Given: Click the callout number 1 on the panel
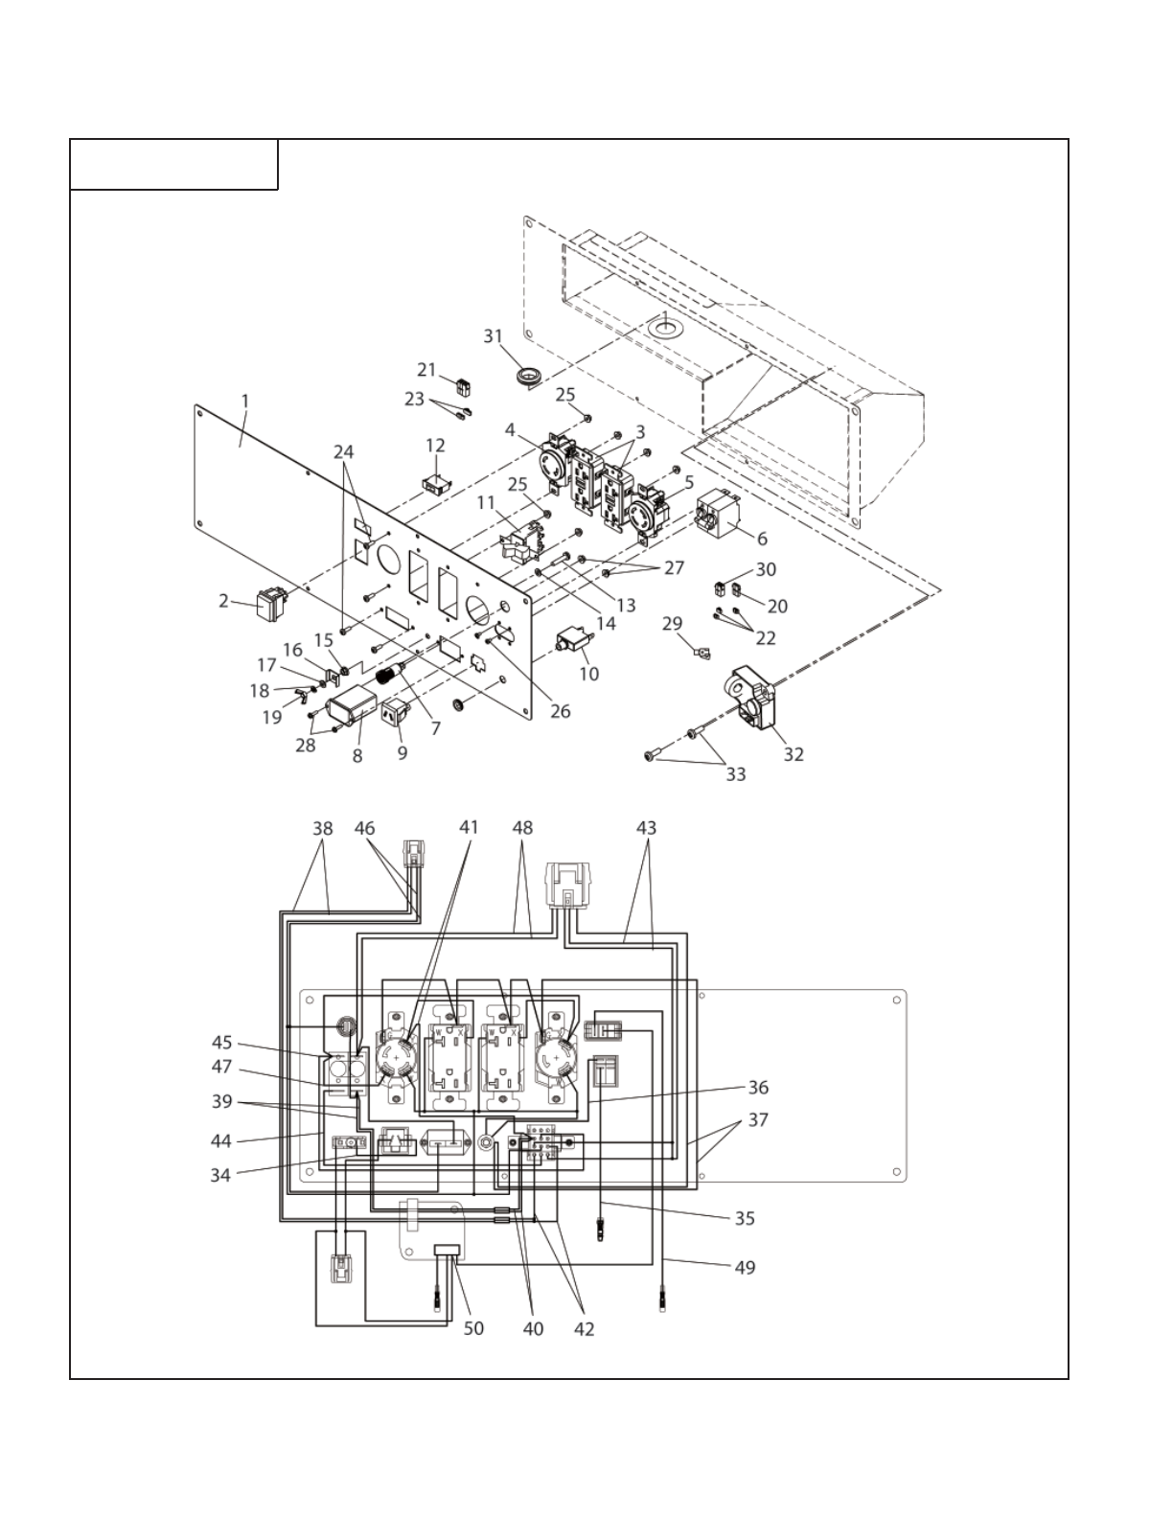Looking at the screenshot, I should click(x=245, y=401).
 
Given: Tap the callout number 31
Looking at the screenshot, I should click(x=493, y=335).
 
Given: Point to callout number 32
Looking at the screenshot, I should click(x=793, y=753).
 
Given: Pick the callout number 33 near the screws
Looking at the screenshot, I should click(x=735, y=773).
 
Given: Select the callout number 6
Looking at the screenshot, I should click(x=762, y=539).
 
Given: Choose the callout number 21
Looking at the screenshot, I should click(x=426, y=370).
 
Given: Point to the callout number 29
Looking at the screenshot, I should click(x=672, y=624).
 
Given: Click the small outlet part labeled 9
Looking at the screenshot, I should click(x=395, y=714).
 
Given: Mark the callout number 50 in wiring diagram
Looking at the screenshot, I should click(x=473, y=1328).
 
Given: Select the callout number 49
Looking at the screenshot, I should click(x=745, y=1267).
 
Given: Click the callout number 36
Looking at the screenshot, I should click(x=758, y=1087).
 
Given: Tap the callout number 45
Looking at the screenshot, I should click(x=222, y=1043).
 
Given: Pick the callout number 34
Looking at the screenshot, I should click(x=220, y=1174).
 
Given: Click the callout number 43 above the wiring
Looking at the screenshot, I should click(x=647, y=827).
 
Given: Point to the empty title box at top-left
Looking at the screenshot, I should click(x=174, y=165).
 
